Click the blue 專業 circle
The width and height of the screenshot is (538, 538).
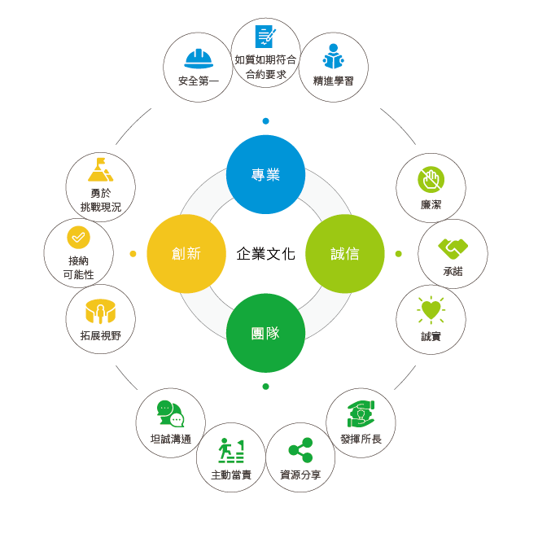coord(265,174)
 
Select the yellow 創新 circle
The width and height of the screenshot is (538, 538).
coord(186,253)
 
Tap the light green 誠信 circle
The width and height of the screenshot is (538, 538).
coord(344,253)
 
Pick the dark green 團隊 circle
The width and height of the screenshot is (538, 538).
coord(265,332)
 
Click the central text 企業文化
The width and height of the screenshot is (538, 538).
coord(265,253)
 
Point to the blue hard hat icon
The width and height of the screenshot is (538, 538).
coord(199,59)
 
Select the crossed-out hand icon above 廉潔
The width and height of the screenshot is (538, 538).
coord(430,180)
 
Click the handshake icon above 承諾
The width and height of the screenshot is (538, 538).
coord(453,246)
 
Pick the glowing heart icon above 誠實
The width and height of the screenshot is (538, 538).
coord(431,311)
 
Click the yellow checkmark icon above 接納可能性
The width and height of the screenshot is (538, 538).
coord(78,237)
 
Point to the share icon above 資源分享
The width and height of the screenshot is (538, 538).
coord(300,449)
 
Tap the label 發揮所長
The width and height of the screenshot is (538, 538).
coord(361,439)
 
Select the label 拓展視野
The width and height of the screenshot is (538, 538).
coord(101,335)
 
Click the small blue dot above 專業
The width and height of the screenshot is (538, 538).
coord(265,121)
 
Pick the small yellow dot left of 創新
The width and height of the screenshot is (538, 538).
coord(133,254)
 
